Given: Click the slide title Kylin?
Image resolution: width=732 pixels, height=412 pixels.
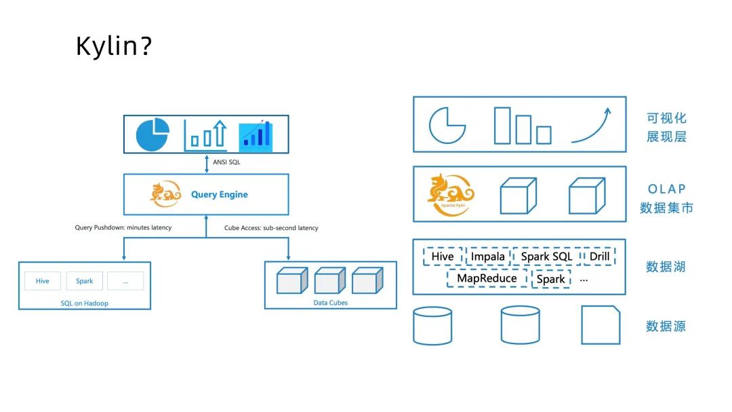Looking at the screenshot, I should pyautogui.click(x=113, y=47).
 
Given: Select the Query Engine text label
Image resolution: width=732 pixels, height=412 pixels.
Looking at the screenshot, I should pyautogui.click(x=219, y=195).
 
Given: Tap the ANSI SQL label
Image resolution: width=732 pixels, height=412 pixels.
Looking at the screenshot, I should pyautogui.click(x=226, y=163).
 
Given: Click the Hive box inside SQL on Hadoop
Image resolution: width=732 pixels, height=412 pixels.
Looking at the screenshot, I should pyautogui.click(x=43, y=281).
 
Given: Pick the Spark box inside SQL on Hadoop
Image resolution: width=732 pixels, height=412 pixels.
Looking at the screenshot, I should pyautogui.click(x=85, y=281).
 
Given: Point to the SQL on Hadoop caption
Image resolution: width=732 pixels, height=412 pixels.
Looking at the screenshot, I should pyautogui.click(x=83, y=303).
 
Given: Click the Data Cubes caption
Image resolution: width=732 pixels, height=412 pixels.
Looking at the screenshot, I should pyautogui.click(x=330, y=303).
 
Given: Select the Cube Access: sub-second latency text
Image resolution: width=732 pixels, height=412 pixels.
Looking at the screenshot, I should pyautogui.click(x=271, y=228).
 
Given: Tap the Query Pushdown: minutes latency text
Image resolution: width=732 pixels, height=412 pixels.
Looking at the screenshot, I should pyautogui.click(x=123, y=227).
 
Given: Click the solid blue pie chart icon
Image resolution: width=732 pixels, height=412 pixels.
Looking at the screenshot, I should pyautogui.click(x=152, y=134).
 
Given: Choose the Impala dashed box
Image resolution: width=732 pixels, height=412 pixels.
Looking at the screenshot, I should pyautogui.click(x=488, y=257).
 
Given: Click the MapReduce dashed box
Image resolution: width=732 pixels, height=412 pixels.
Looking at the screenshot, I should pyautogui.click(x=487, y=278).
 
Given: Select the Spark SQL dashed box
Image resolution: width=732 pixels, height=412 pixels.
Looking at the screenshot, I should pyautogui.click(x=546, y=257).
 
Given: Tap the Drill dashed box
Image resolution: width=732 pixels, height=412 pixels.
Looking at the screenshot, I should pyautogui.click(x=599, y=257).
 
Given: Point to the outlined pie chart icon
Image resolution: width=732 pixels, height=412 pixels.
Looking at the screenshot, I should pyautogui.click(x=447, y=125).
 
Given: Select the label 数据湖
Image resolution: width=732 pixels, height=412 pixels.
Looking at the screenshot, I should pyautogui.click(x=666, y=267).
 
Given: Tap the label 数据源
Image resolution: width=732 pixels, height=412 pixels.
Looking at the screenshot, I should pyautogui.click(x=666, y=326).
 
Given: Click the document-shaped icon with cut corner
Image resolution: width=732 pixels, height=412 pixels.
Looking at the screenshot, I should pyautogui.click(x=601, y=325).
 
